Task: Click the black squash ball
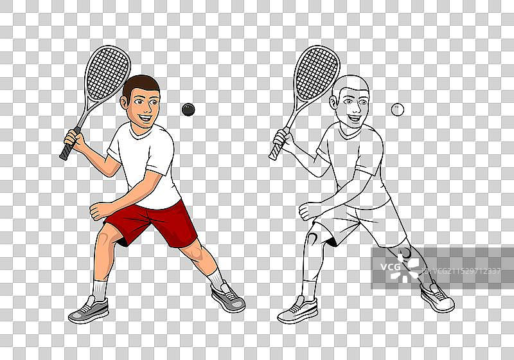[188, 109]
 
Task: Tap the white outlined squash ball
[397, 109]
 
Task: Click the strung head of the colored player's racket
[107, 73]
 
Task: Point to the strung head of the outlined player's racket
[317, 73]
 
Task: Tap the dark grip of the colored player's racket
[69, 145]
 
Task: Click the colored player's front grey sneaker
[89, 310]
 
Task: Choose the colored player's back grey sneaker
[228, 297]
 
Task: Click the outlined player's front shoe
[298, 310]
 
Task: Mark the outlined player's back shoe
[438, 297]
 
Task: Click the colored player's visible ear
[125, 102]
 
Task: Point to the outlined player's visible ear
[334, 102]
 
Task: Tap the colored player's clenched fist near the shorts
[99, 211]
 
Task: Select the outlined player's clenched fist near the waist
[308, 211]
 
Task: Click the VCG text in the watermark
[391, 267]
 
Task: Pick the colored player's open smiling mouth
[145, 118]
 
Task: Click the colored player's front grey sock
[100, 290]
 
